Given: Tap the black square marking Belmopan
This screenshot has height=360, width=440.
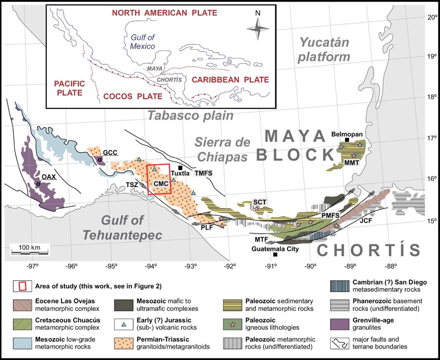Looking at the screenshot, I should click(347, 140).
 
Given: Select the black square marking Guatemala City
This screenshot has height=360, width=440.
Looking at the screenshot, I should click(275, 255).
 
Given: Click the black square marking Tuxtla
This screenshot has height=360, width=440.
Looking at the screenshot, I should click(180, 168).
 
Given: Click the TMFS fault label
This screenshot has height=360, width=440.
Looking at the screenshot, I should click(203, 173).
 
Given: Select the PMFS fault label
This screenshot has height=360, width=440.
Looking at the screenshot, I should click(331, 216).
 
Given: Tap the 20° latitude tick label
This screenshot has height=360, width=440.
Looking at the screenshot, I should click(432, 17).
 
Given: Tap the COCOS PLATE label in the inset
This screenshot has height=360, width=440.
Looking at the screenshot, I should click(133, 96).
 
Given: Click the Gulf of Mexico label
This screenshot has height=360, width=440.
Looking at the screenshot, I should click(143, 41).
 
